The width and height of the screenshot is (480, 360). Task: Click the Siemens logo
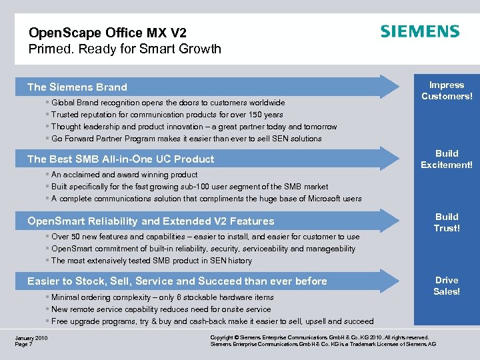click(x=419, y=32)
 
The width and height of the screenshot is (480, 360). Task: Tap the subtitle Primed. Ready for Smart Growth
click(x=125, y=49)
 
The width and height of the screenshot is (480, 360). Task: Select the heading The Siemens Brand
click(x=77, y=87)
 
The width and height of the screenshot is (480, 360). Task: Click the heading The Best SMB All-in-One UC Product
click(x=121, y=159)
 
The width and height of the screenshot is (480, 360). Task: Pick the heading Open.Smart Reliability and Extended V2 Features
click(x=151, y=221)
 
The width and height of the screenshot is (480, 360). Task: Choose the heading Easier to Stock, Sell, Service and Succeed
click(x=177, y=281)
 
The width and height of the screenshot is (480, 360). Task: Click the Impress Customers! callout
click(x=446, y=91)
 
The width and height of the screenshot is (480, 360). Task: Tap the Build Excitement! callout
click(x=446, y=159)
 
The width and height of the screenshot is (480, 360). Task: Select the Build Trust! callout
click(x=446, y=222)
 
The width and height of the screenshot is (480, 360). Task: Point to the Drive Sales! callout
click(x=446, y=285)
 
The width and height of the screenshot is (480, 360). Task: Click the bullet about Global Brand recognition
click(x=168, y=103)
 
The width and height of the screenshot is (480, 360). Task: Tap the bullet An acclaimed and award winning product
click(x=124, y=175)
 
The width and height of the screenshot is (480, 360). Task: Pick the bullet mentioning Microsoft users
click(x=206, y=199)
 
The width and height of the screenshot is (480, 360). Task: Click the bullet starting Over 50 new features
click(x=205, y=237)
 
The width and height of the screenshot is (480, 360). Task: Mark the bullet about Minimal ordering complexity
click(x=162, y=297)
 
